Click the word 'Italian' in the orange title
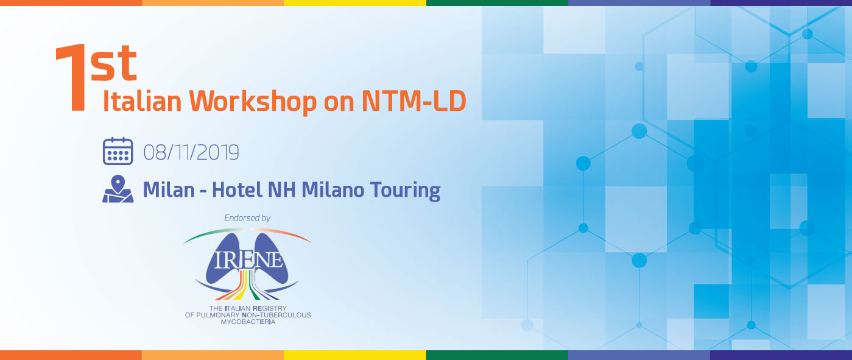click(142, 101)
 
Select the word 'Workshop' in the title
click(253, 102)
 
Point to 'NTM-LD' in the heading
click(414, 101)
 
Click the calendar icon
click(118, 151)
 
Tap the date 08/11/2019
click(191, 152)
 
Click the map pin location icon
click(118, 189)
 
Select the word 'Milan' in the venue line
click(169, 189)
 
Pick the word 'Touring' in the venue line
click(405, 191)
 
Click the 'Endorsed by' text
click(247, 218)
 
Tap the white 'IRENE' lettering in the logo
click(248, 260)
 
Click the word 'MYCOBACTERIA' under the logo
click(248, 322)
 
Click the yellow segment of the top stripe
click(355, 3)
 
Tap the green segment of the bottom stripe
click(497, 355)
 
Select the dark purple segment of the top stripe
click(781, 3)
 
